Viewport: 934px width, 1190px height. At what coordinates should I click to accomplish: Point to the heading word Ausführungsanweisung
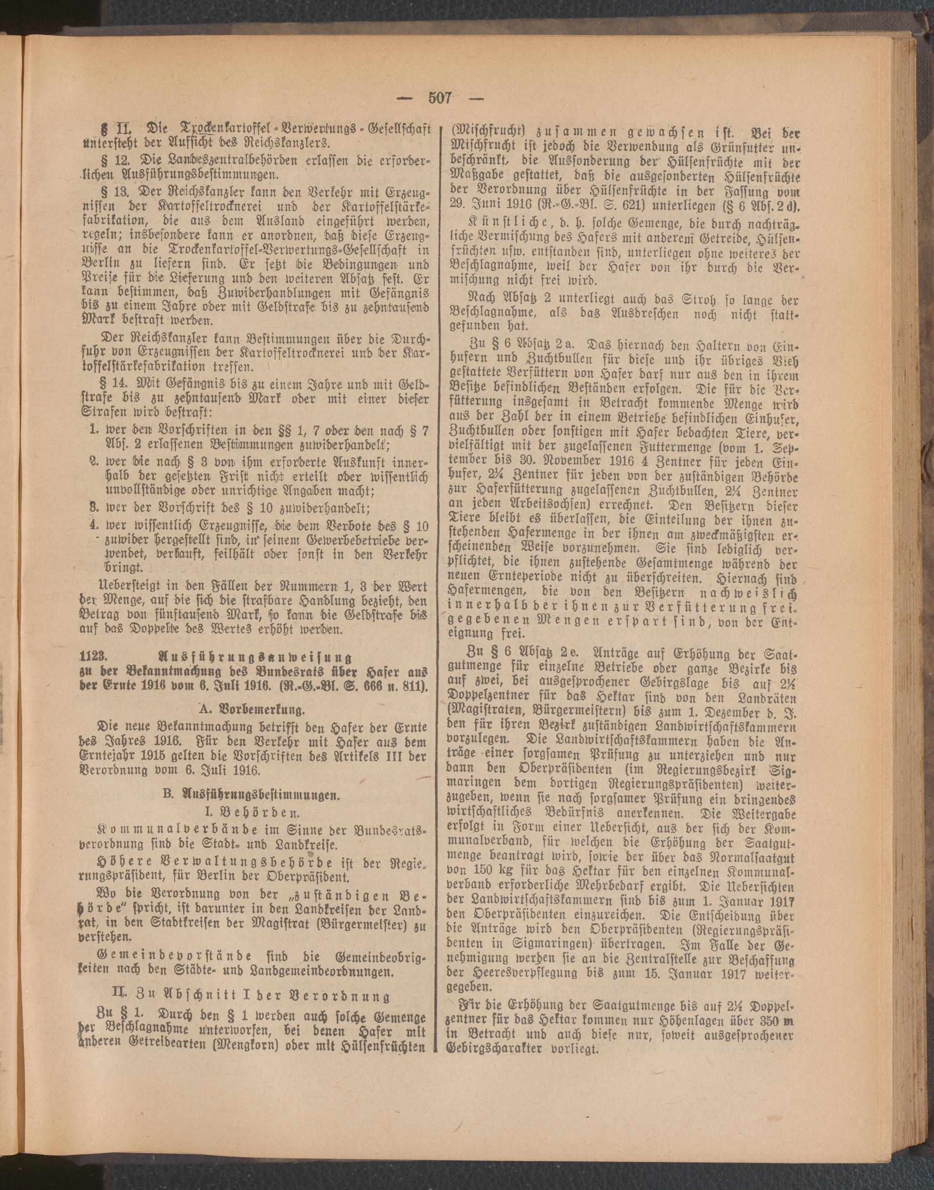(x=254, y=656)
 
